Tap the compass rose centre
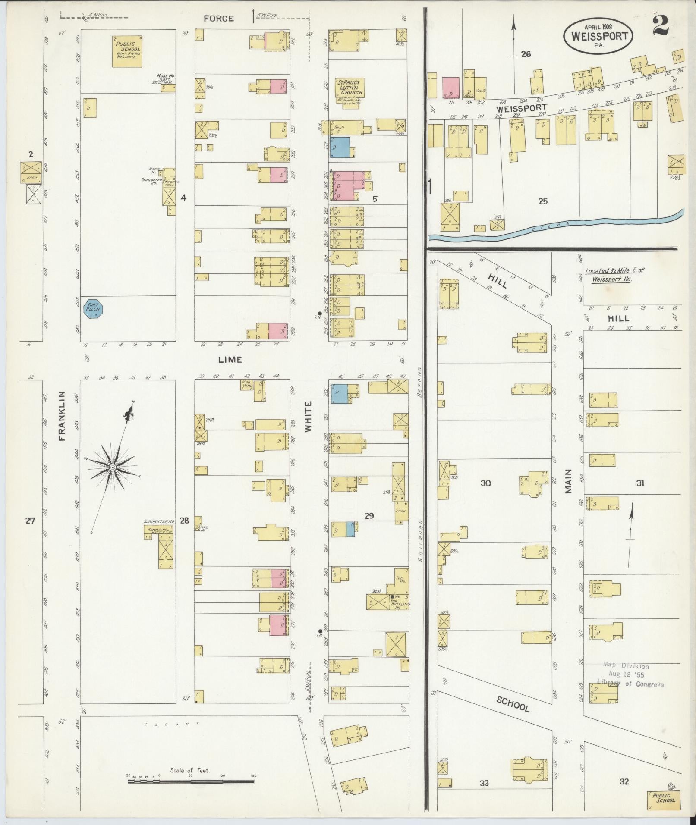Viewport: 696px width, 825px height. tap(112, 467)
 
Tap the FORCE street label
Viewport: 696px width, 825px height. tap(219, 19)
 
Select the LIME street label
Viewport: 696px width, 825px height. tap(230, 359)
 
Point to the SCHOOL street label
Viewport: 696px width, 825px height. tap(513, 704)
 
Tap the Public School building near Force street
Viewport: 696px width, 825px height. tap(127, 51)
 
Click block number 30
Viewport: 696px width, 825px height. tap(485, 483)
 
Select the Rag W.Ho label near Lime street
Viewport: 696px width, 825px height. tap(247, 384)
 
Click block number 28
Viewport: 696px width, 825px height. tap(184, 521)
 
